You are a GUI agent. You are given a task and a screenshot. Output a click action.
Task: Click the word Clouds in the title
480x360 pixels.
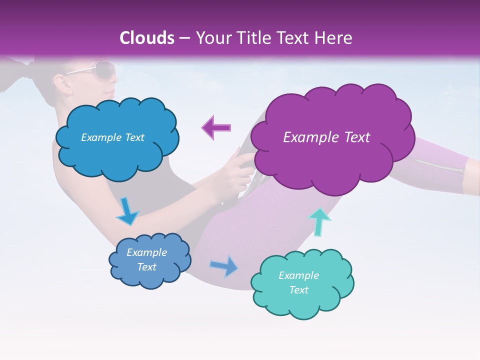(x=147, y=38)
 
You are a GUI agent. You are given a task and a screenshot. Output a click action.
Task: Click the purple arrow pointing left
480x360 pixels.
(x=216, y=127)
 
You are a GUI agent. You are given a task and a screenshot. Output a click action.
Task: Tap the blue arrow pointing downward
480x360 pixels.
(x=127, y=211)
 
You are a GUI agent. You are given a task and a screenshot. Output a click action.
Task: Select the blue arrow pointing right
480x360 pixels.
(x=224, y=266)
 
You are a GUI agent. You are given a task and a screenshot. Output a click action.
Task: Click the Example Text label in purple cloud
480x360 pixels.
(x=326, y=137)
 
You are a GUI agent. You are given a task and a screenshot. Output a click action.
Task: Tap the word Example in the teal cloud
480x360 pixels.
(x=298, y=275)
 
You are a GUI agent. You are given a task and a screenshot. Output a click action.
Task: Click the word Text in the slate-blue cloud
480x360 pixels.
(x=147, y=267)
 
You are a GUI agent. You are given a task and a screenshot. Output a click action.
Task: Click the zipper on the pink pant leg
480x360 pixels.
(x=438, y=166)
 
